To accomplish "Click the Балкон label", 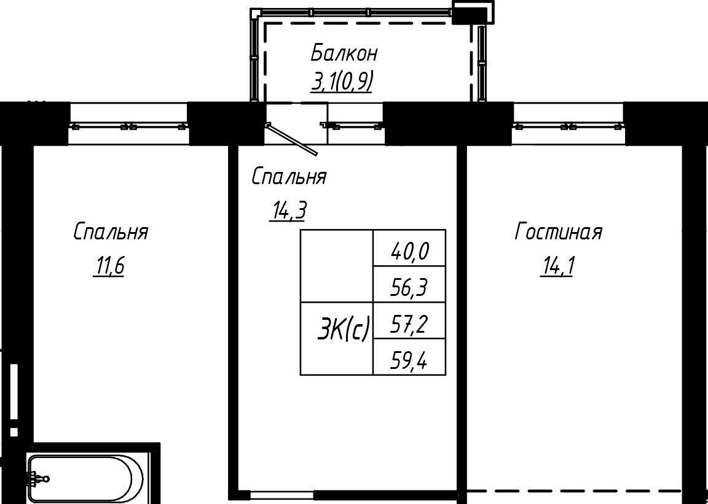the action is click(x=344, y=53).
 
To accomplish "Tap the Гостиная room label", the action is click(x=559, y=233).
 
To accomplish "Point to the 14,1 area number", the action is click(x=556, y=267).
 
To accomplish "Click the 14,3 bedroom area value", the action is click(x=288, y=211).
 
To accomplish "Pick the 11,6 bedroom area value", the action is click(x=108, y=267).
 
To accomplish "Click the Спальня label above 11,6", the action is click(x=111, y=233).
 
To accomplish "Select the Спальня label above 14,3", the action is click(x=289, y=177).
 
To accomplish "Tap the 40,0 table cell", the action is click(x=409, y=248).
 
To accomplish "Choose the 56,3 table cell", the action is click(x=409, y=284).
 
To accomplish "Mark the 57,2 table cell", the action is click(x=409, y=320).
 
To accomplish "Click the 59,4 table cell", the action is click(x=409, y=357).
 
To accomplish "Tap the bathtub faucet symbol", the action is click(x=37, y=478).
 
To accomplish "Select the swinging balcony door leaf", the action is click(x=292, y=139).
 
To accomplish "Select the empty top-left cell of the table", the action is click(x=337, y=266).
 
